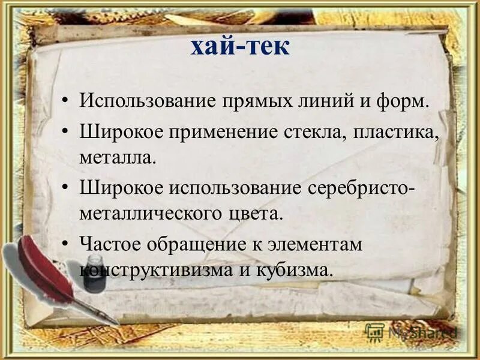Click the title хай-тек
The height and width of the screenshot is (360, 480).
click(x=240, y=46)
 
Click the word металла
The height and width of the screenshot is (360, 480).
click(x=117, y=158)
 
